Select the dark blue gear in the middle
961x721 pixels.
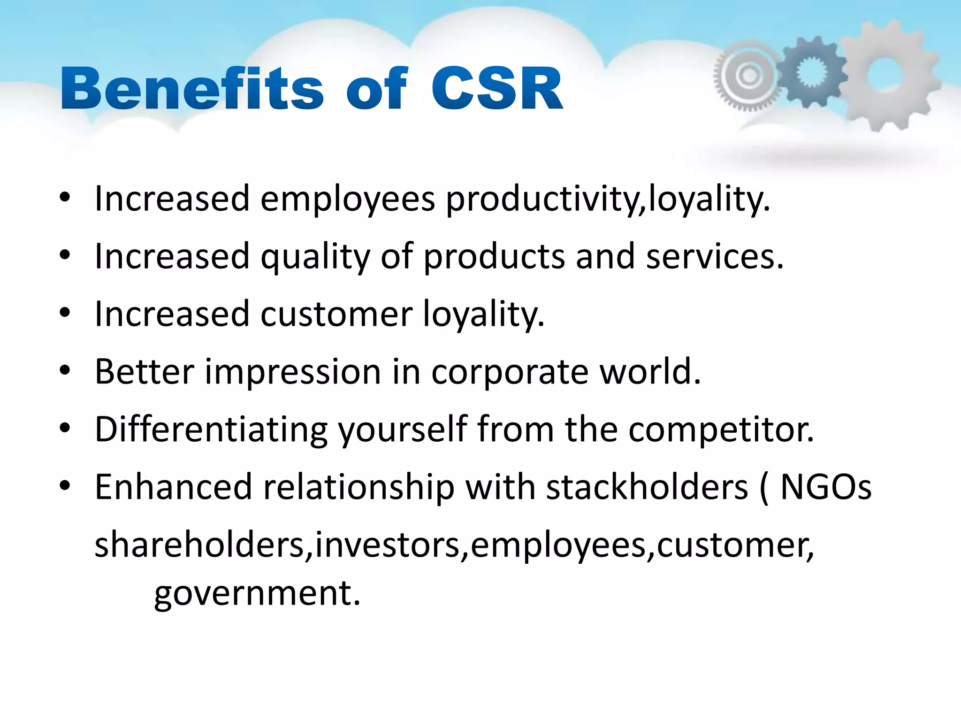click(810, 71)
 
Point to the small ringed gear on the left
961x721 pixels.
click(748, 75)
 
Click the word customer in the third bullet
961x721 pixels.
click(336, 314)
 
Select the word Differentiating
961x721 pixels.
click(211, 430)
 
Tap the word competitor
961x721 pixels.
click(721, 430)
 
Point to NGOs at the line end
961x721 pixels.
click(825, 487)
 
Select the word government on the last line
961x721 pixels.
click(257, 594)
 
